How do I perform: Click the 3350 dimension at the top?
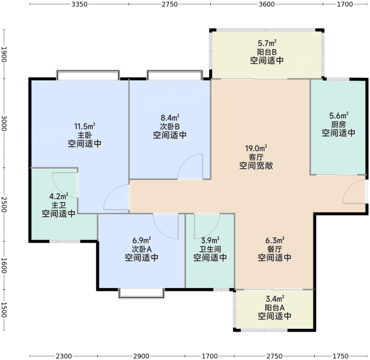(x=79, y=4)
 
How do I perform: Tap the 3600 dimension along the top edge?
(x=267, y=4)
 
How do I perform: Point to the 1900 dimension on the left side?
(x=4, y=55)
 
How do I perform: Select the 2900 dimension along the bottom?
(x=141, y=356)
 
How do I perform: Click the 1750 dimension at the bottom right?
(x=341, y=356)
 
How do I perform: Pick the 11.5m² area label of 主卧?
(x=85, y=127)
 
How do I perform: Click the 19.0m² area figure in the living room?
(x=256, y=149)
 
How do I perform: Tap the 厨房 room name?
(x=338, y=124)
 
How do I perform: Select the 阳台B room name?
(x=267, y=52)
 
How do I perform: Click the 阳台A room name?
(x=274, y=308)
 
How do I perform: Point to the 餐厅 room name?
(x=274, y=249)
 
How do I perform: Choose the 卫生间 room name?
(x=210, y=249)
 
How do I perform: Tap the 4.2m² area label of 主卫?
(x=59, y=196)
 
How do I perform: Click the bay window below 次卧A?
(x=141, y=294)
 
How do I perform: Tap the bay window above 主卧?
(x=88, y=74)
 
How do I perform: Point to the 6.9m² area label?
(x=142, y=241)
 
